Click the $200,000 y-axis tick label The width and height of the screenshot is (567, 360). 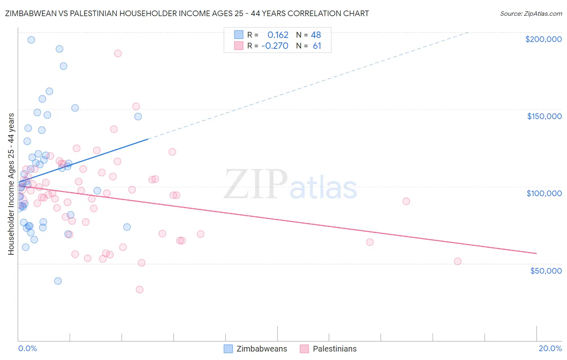click(x=543, y=39)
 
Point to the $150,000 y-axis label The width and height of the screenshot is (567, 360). click(x=544, y=116)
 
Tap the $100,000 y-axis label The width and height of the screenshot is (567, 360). click(x=544, y=193)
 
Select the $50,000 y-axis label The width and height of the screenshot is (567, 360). click(x=546, y=270)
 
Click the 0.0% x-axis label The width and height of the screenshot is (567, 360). click(x=27, y=348)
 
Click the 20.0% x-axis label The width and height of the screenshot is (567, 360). click(x=550, y=348)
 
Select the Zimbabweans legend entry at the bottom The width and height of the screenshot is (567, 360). click(x=256, y=349)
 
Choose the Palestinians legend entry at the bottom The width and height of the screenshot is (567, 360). click(x=328, y=349)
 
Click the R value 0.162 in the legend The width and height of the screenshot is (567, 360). click(x=278, y=35)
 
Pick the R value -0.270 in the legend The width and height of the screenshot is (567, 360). click(x=275, y=46)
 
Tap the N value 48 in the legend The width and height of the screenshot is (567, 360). click(x=316, y=35)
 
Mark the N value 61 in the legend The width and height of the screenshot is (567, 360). click(x=317, y=46)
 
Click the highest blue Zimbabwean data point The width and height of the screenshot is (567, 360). click(x=31, y=40)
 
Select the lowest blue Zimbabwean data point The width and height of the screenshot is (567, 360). click(x=58, y=281)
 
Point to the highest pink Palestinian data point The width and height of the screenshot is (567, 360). click(x=118, y=53)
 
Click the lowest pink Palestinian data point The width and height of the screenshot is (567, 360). click(x=140, y=289)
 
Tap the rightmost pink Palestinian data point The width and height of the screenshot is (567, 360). click(x=458, y=261)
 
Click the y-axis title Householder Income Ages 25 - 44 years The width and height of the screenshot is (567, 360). click(x=11, y=184)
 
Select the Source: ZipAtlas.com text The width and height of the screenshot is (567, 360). click(x=531, y=14)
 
